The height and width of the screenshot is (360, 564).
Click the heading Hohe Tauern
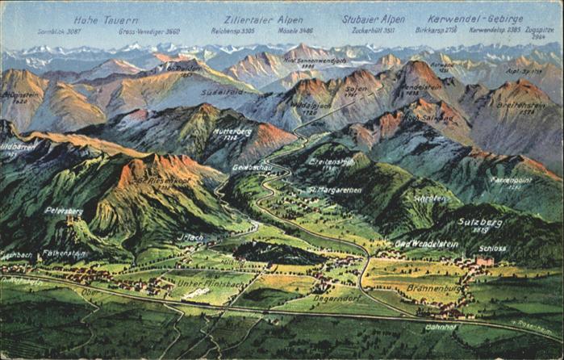(x=106, y=20)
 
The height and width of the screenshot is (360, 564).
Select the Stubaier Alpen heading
(x=373, y=19)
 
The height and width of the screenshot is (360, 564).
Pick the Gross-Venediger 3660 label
(x=149, y=31)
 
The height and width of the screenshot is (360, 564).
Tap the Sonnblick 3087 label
(x=59, y=31)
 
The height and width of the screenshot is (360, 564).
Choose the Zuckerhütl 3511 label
(x=368, y=31)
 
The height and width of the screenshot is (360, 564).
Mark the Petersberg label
(x=64, y=211)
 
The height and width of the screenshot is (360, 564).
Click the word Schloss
(x=492, y=248)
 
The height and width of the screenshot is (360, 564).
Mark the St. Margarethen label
(x=334, y=190)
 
